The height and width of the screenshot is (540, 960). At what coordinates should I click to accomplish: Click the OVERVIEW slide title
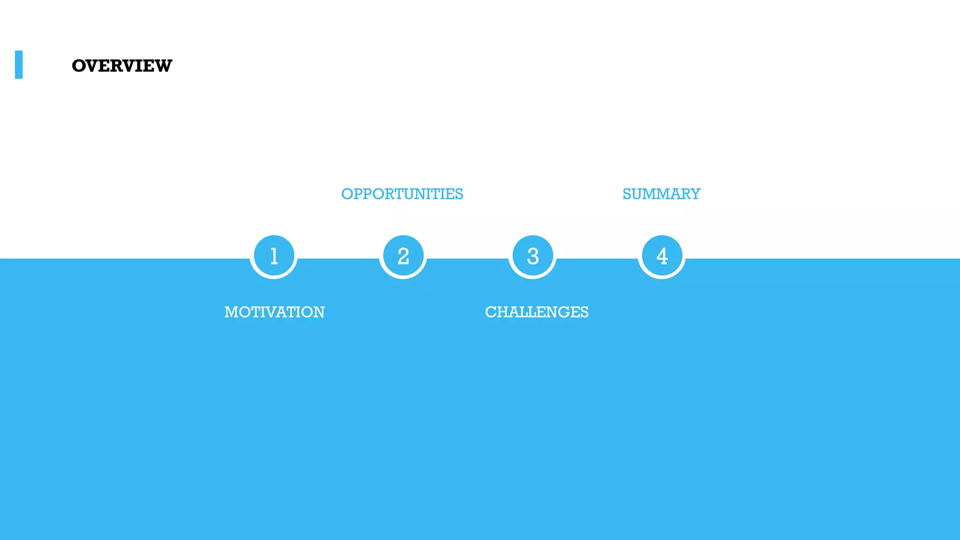pyautogui.click(x=122, y=66)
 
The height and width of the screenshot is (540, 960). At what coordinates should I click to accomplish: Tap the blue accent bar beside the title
pyautogui.click(x=19, y=65)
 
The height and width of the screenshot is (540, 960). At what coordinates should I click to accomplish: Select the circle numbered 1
pyautogui.click(x=274, y=256)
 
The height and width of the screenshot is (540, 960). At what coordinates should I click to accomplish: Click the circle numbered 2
pyautogui.click(x=403, y=256)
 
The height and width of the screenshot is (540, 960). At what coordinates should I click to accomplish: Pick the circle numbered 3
pyautogui.click(x=532, y=256)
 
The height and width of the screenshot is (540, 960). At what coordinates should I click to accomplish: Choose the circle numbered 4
pyautogui.click(x=662, y=256)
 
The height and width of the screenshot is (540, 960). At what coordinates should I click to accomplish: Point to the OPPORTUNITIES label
pyautogui.click(x=402, y=194)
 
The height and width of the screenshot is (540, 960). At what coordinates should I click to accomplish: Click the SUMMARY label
pyautogui.click(x=661, y=194)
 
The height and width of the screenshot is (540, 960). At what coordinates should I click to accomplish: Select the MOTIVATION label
pyautogui.click(x=275, y=312)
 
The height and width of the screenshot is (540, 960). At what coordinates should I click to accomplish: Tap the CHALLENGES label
pyautogui.click(x=537, y=312)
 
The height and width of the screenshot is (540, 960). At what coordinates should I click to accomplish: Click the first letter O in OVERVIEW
pyautogui.click(x=79, y=66)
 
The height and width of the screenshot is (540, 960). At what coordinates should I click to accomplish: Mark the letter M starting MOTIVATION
pyautogui.click(x=232, y=312)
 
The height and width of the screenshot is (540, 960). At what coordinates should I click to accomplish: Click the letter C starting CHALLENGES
pyautogui.click(x=491, y=312)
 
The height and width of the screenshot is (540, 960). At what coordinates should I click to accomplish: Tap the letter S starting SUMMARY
pyautogui.click(x=627, y=194)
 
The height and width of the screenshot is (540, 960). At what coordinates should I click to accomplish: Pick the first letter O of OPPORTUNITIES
pyautogui.click(x=347, y=194)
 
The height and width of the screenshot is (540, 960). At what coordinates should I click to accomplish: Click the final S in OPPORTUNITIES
pyautogui.click(x=458, y=194)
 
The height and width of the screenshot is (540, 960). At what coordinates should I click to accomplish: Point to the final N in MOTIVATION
pyautogui.click(x=318, y=312)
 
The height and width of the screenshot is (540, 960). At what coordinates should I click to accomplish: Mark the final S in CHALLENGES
pyautogui.click(x=584, y=312)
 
